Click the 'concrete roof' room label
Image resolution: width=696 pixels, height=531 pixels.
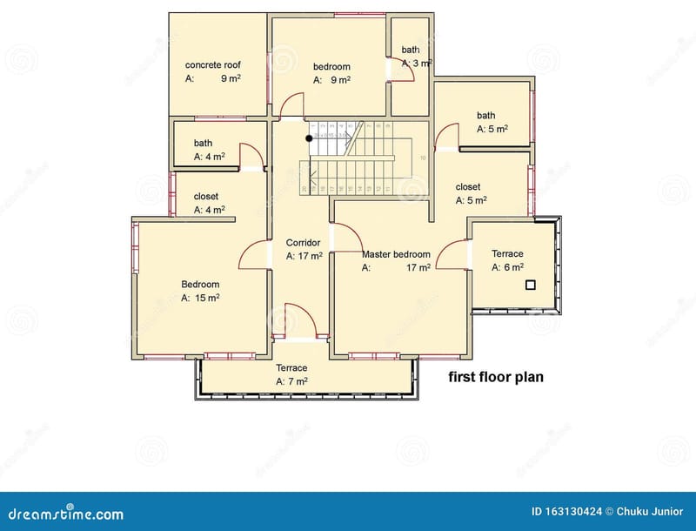(x=213, y=65)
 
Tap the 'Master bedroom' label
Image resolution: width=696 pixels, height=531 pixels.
(x=396, y=254)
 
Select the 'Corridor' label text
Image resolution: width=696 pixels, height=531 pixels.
(x=304, y=242)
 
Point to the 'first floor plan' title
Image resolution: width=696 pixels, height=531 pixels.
(x=496, y=378)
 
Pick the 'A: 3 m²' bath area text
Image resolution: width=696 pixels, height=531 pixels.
(x=417, y=64)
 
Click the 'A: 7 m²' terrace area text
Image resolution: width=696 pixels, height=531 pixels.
(x=291, y=381)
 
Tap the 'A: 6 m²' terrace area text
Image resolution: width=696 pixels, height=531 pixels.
(x=507, y=267)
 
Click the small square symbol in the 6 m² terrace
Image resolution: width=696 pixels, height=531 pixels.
(x=529, y=285)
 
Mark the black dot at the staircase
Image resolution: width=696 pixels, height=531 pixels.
(x=309, y=138)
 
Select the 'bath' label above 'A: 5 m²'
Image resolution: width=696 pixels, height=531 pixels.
(x=485, y=115)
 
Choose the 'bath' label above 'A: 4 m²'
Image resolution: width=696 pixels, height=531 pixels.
(x=203, y=144)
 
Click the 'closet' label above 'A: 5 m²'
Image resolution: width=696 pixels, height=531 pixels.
(x=468, y=186)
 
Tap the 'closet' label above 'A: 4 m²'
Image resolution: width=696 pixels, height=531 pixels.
(x=206, y=196)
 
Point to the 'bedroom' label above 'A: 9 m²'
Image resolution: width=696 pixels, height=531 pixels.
(x=331, y=66)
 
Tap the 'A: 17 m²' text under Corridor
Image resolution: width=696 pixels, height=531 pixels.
(x=304, y=256)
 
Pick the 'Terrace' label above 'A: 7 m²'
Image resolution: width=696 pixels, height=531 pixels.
(x=291, y=367)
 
